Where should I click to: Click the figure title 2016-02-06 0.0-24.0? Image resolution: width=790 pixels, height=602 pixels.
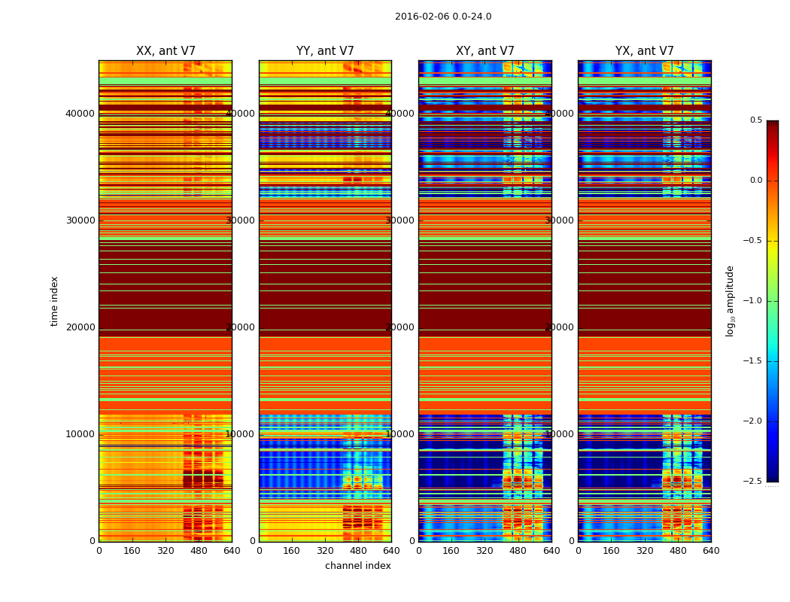click(443, 17)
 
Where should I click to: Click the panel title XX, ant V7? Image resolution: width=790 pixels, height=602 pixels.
click(166, 51)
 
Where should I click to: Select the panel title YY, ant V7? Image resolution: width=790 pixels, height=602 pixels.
click(325, 51)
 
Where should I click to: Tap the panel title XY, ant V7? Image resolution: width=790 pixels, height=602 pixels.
click(485, 51)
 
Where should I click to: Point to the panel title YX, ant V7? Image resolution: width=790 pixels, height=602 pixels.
click(645, 51)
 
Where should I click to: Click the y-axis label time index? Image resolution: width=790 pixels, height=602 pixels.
click(54, 301)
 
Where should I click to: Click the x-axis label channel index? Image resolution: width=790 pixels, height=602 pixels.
click(358, 566)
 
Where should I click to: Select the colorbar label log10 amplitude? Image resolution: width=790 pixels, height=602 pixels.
click(730, 301)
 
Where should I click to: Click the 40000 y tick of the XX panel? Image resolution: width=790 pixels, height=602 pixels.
click(81, 114)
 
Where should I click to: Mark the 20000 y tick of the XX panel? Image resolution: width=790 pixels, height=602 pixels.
click(81, 327)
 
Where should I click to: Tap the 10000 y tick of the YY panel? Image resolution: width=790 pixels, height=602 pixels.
click(241, 434)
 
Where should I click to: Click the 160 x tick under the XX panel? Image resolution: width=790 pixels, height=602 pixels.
click(132, 551)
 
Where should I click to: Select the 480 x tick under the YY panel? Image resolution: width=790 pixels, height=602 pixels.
click(358, 551)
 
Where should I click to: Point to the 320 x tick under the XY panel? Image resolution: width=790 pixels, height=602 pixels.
click(485, 551)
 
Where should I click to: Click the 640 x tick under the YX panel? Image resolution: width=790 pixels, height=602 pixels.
click(711, 551)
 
